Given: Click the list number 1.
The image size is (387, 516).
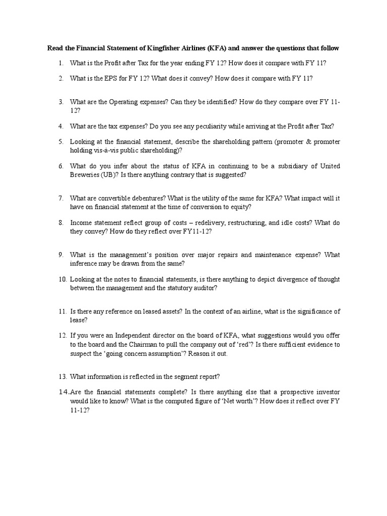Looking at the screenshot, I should pos(60,63).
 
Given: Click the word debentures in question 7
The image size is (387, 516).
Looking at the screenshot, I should pos(143,198).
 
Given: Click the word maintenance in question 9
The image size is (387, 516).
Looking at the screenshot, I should pos(259,255).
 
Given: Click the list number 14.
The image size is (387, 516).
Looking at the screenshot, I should pos(63,392).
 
